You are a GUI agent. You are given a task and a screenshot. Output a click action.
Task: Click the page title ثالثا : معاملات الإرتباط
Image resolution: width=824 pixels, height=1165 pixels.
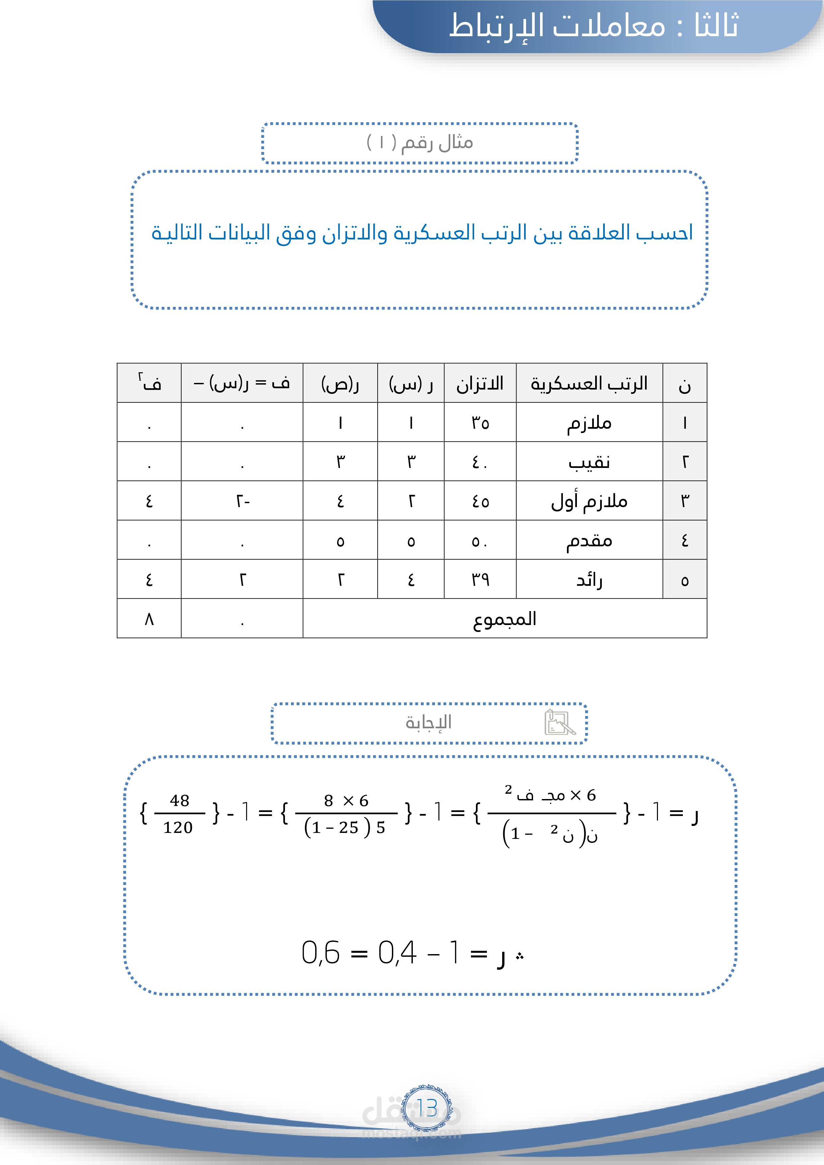pos(593,25)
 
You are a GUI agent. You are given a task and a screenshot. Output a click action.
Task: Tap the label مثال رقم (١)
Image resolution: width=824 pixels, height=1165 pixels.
pos(419,142)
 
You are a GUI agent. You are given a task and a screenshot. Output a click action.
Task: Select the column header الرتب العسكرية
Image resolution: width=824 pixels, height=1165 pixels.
pos(589,384)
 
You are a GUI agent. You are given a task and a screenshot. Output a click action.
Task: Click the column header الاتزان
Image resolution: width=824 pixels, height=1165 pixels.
pos(480,384)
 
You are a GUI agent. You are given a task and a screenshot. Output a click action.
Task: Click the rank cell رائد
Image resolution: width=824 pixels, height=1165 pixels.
pos(589,580)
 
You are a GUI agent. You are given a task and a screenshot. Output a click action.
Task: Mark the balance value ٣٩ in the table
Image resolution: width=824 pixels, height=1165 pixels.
pos(480,580)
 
